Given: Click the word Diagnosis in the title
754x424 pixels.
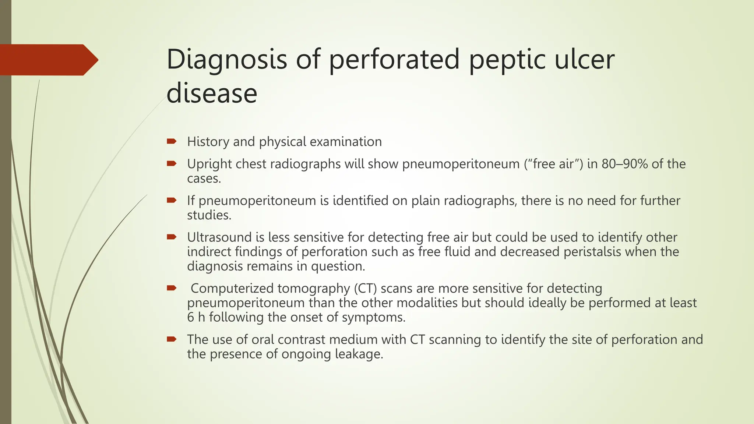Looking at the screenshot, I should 226,60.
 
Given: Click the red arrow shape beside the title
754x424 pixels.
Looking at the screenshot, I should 49,60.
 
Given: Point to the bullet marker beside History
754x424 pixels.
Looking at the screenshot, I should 172,141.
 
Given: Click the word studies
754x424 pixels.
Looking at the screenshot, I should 209,215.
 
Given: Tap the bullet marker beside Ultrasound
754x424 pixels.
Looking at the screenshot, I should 172,237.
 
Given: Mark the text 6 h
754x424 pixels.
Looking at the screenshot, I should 196,317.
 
